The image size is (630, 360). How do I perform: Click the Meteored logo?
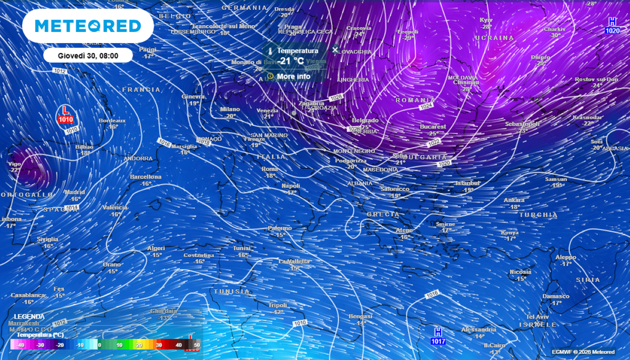coord(87,26)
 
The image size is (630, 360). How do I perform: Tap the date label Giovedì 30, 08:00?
coord(87,55)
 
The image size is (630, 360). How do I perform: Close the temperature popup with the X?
coord(335,49)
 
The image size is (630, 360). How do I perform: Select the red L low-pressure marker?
coord(65,114)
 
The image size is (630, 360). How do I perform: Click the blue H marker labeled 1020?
coord(612,26)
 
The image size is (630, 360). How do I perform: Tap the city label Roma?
coord(270,169)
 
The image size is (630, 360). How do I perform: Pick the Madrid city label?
coord(74,192)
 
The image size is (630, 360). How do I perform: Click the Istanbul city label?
coord(467,183)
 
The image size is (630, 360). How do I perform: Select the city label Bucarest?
coord(433,126)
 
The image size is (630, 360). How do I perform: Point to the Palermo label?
coord(279,228)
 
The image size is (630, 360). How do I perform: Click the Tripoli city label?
coord(278,305)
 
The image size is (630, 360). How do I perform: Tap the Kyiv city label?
coord(486,20)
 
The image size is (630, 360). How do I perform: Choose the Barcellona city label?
coord(145,177)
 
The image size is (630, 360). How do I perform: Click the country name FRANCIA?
coord(142,90)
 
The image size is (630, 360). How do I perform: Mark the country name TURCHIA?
coord(538,215)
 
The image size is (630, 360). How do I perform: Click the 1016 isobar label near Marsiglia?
coord(164,143)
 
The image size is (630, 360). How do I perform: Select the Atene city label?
coord(404,230)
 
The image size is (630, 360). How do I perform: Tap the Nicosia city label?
coord(520,271)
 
